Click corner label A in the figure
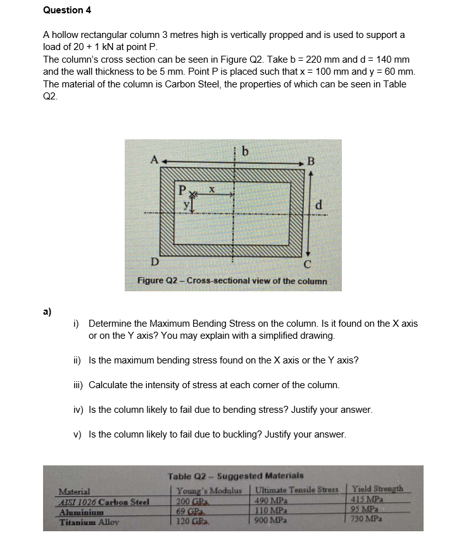pos(153,161)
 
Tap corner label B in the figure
pos(310,161)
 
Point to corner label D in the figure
pos(153,263)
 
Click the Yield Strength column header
pos(377,489)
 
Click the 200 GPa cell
pos(189,500)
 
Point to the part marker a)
pos(47,311)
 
